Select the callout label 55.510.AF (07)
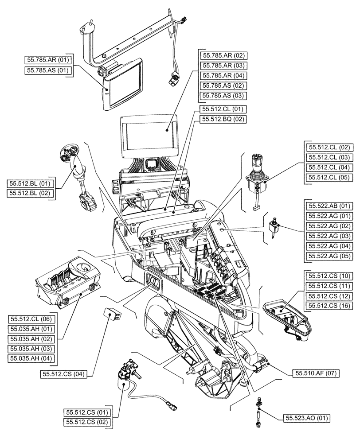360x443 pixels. pyautogui.click(x=316, y=374)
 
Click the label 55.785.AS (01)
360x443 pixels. pyautogui.click(x=48, y=70)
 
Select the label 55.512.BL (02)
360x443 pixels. pyautogui.click(x=30, y=193)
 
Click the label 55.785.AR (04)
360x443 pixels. pyautogui.click(x=223, y=75)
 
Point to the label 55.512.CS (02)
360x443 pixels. pyautogui.click(x=87, y=423)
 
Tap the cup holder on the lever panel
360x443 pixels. pyautogui.click(x=84, y=267)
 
